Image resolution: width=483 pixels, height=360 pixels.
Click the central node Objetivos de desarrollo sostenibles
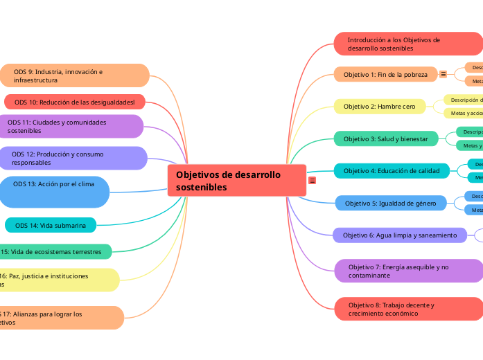(x=236, y=181)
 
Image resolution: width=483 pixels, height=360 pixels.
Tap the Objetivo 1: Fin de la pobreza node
(x=385, y=75)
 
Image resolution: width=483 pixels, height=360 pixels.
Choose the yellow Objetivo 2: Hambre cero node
(x=383, y=107)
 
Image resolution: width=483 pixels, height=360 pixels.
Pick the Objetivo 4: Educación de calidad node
(x=391, y=170)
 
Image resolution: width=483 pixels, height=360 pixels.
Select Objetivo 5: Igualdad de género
(x=390, y=204)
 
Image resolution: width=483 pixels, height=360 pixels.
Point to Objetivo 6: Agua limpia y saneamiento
(x=399, y=235)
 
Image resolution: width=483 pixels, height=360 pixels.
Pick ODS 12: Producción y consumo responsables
(x=73, y=158)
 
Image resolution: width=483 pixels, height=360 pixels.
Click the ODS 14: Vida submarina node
(x=51, y=225)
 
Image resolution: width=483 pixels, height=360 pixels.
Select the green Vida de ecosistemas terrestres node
(x=55, y=251)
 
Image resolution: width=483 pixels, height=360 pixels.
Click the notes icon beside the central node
(x=313, y=181)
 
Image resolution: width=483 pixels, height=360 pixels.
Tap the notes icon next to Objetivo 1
(x=444, y=75)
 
